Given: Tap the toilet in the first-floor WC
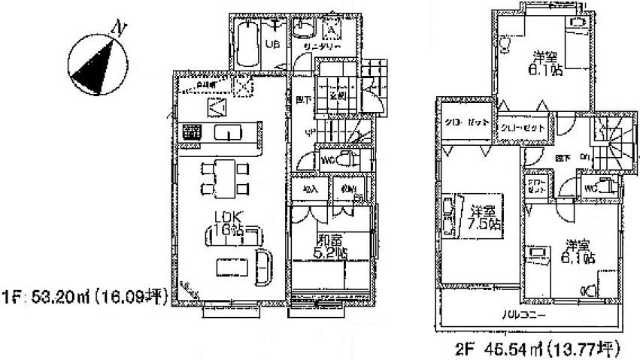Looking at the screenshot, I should tap(347, 159).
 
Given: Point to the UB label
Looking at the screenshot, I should tap(274, 44).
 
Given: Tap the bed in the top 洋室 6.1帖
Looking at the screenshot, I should tap(576, 45).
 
